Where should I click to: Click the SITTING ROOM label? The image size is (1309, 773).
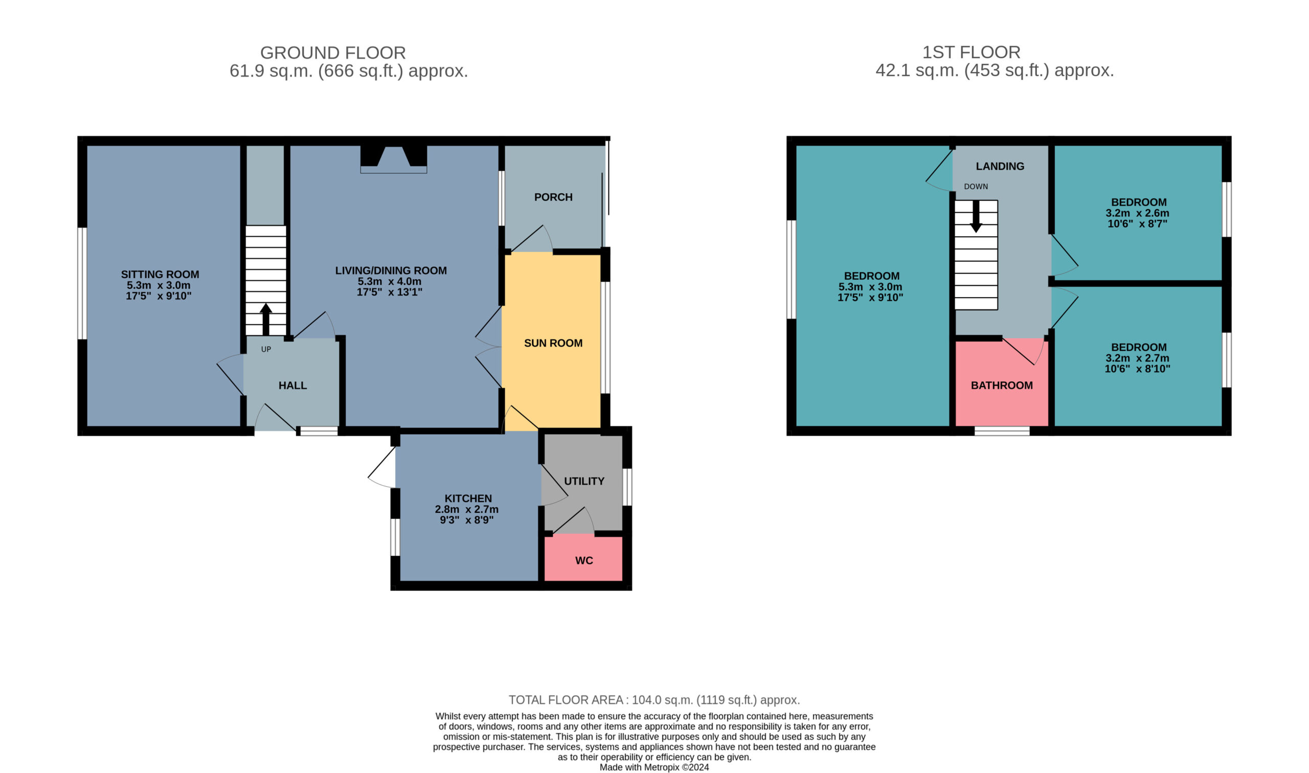[x=160, y=275]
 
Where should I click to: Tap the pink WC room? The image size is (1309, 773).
[x=583, y=558]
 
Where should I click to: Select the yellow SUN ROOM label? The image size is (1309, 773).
[x=553, y=343]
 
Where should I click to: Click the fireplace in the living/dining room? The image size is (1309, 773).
[x=394, y=159]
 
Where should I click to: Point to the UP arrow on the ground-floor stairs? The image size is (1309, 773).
[x=266, y=319]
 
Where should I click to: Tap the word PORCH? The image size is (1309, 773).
[x=553, y=197]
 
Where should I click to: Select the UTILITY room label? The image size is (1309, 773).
[x=584, y=481]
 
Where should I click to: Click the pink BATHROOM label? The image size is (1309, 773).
[x=1002, y=385]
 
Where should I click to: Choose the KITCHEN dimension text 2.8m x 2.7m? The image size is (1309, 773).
[x=467, y=509]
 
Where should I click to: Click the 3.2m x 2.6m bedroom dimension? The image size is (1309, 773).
[x=1138, y=213]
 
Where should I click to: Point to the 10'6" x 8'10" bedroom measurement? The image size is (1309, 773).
[x=1138, y=369]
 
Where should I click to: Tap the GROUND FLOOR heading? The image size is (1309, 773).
[x=333, y=53]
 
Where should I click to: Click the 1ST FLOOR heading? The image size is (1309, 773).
[x=972, y=52]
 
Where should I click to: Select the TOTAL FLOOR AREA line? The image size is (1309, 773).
[x=654, y=699]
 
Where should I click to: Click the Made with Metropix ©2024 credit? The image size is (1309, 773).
[x=654, y=767]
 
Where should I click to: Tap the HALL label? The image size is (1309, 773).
[x=293, y=385]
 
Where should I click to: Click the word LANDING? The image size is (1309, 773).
[x=1000, y=166]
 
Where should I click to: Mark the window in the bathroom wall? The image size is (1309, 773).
[x=1002, y=431]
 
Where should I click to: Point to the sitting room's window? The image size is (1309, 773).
[x=82, y=283]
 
